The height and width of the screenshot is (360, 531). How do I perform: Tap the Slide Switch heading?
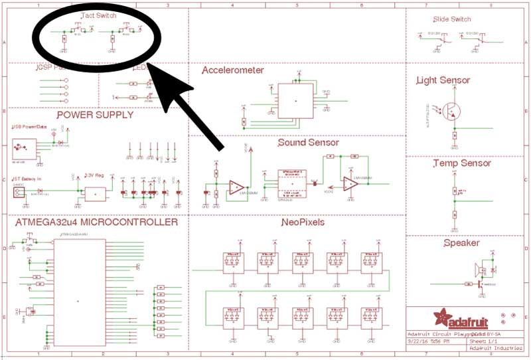tap(451, 19)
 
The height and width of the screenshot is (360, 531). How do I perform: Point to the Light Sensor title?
tap(443, 80)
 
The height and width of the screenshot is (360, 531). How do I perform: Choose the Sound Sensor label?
tap(308, 142)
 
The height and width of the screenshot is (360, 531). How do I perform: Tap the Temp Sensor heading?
tap(461, 163)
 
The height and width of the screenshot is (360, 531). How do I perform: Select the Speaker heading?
tap(461, 243)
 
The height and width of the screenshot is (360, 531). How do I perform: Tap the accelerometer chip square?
tap(296, 100)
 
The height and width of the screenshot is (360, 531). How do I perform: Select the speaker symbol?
tap(479, 270)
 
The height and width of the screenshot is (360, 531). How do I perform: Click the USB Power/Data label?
tap(29, 127)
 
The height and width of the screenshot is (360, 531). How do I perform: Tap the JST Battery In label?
tap(27, 179)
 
